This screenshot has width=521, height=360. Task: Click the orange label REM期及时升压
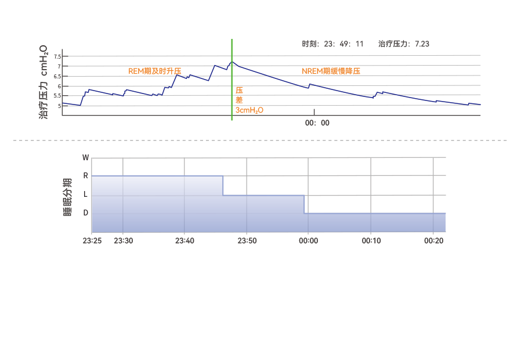(x=154, y=71)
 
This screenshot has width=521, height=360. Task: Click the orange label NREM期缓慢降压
(x=331, y=71)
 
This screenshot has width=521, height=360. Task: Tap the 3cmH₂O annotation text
(x=249, y=110)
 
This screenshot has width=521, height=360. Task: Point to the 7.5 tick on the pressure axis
(x=57, y=57)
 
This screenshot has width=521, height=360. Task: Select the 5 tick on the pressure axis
(x=59, y=106)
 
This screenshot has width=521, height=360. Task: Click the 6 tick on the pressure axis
(x=59, y=87)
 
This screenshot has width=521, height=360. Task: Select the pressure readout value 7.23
(x=422, y=44)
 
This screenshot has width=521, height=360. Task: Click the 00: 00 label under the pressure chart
(x=317, y=123)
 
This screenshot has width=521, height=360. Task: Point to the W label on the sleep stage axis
(x=86, y=157)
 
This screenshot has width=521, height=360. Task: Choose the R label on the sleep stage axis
(x=86, y=175)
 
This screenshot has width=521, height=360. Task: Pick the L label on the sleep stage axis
(x=86, y=195)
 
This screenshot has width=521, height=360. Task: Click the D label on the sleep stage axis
(x=86, y=213)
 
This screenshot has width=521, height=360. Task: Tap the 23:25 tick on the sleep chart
(x=92, y=240)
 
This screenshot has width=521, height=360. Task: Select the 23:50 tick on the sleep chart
(x=247, y=240)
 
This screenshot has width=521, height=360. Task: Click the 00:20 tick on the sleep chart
(x=433, y=240)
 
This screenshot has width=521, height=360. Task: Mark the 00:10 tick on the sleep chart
(x=371, y=240)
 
